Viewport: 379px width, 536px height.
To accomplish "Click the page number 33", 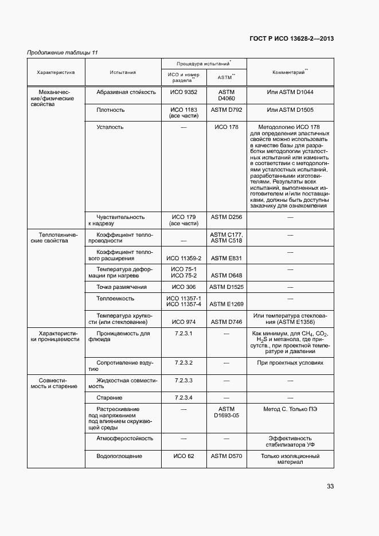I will tap(330, 486).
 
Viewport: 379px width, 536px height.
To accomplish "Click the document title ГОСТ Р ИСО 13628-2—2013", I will tap(292, 39).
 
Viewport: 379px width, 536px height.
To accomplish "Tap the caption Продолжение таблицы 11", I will tap(62, 53).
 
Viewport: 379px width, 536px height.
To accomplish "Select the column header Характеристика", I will tap(56, 73).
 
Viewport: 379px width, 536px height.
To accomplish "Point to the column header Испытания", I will tap(123, 73).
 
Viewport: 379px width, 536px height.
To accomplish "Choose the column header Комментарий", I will tap(290, 72).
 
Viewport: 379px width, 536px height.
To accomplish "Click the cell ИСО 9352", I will tap(183, 92).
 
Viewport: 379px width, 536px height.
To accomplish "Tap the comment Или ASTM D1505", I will tap(290, 109).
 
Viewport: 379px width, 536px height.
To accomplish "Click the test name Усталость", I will tap(110, 127).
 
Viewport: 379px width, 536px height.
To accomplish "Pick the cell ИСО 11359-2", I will tap(183, 259).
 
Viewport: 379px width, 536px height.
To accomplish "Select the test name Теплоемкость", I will tap(115, 298).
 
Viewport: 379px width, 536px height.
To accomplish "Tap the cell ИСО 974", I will tap(183, 322).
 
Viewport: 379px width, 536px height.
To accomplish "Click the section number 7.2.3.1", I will tap(183, 333).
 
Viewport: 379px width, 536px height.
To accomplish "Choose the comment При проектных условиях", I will tap(290, 363).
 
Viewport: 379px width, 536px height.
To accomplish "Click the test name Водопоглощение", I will tap(119, 456).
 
